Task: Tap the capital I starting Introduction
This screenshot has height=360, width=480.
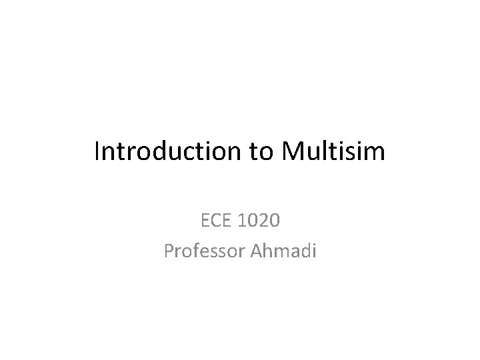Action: click(x=97, y=151)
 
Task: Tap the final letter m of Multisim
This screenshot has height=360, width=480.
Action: click(x=374, y=153)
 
